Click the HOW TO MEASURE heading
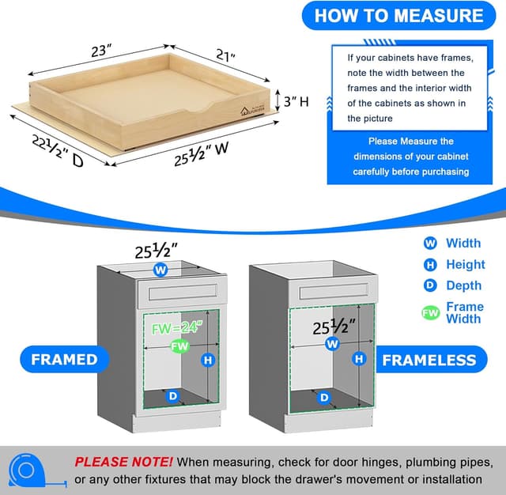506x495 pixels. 398,16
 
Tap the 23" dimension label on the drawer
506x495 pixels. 99,51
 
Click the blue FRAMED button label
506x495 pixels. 64,360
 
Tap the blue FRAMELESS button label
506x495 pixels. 429,361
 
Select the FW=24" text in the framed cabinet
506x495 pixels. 178,324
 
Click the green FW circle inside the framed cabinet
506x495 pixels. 179,346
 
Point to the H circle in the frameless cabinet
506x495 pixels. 360,359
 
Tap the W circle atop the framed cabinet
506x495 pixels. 161,270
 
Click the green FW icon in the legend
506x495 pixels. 430,313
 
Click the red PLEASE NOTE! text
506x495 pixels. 123,461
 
